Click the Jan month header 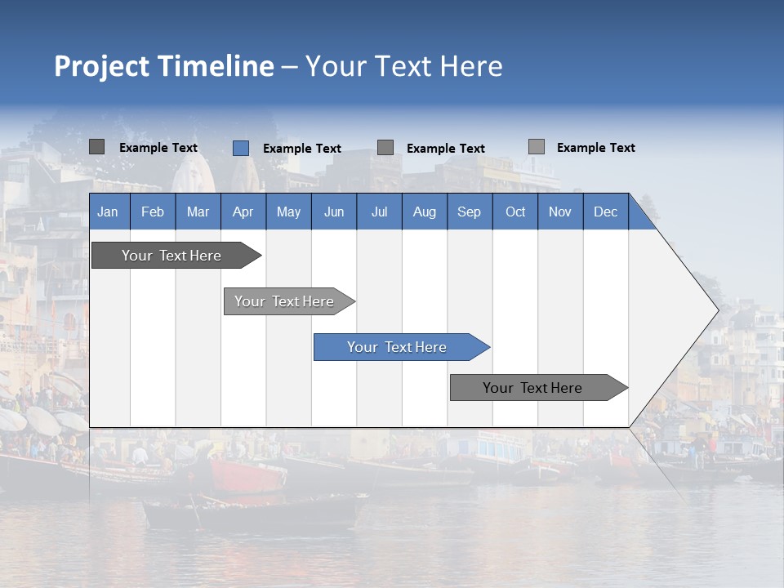[x=108, y=212]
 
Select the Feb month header [x=153, y=212]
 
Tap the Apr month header [x=243, y=212]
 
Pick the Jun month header [x=334, y=212]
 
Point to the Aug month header [x=424, y=212]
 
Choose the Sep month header [x=469, y=212]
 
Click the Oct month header [x=515, y=212]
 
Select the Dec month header [x=605, y=212]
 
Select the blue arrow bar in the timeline [x=398, y=347]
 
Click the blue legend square [x=240, y=148]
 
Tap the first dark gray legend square [x=96, y=147]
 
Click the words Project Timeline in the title [x=163, y=66]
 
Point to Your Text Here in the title [x=403, y=66]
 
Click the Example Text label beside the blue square [x=301, y=149]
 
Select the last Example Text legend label [x=595, y=148]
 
